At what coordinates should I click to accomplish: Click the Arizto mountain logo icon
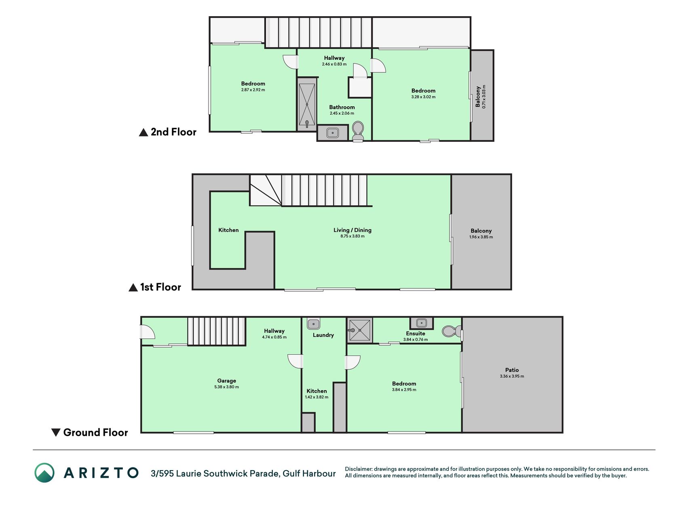(x=44, y=473)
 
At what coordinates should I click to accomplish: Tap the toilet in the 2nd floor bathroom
(x=358, y=132)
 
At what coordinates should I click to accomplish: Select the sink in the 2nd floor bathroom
(x=333, y=132)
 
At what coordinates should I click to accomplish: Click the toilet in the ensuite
(x=452, y=332)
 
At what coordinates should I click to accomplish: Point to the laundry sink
(x=314, y=324)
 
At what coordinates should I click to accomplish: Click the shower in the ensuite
(x=359, y=330)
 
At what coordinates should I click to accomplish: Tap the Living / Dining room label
(x=352, y=230)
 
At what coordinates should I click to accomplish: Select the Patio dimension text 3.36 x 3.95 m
(x=512, y=376)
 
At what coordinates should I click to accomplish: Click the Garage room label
(x=226, y=380)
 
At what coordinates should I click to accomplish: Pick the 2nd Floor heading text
(x=173, y=132)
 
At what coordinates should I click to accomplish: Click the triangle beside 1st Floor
(x=133, y=288)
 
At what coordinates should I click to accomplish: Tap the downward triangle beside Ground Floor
(x=56, y=432)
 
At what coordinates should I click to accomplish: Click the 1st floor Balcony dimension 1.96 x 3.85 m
(x=481, y=237)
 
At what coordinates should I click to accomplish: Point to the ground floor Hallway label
(x=274, y=331)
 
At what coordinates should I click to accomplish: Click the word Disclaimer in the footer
(x=359, y=469)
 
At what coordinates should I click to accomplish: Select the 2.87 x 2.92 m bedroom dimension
(x=253, y=90)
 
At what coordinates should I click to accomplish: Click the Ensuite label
(x=416, y=334)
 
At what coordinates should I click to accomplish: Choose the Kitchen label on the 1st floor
(x=228, y=230)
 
